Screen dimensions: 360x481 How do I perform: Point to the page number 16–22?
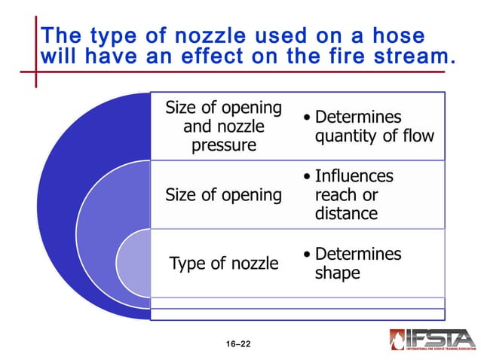click(x=237, y=344)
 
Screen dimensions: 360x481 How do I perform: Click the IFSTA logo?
click(x=432, y=339)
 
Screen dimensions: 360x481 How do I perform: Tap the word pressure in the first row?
click(x=223, y=145)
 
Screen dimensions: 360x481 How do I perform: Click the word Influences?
click(x=354, y=176)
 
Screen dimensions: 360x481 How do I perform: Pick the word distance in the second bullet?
click(x=345, y=214)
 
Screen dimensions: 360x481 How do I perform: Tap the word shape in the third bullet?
click(x=337, y=273)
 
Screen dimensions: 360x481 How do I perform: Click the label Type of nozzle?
click(x=224, y=264)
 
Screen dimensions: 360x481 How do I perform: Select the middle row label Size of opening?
click(x=223, y=195)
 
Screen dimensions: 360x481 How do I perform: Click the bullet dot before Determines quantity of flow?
click(x=306, y=119)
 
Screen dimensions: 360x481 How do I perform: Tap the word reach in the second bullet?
click(x=336, y=195)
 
